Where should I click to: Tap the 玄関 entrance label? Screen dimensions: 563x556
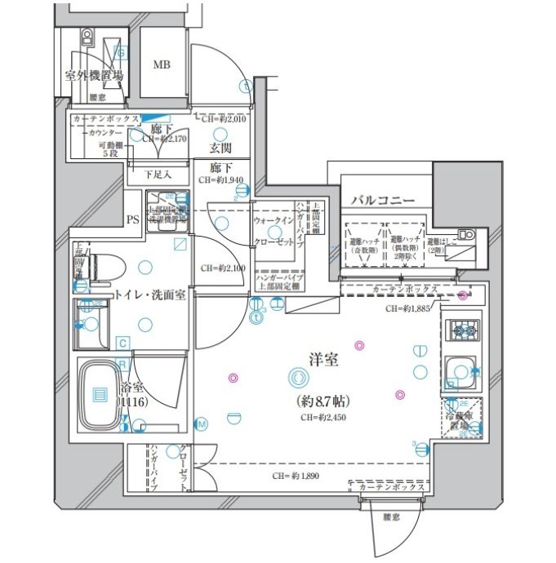[220, 148]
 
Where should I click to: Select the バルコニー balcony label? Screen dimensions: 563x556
[383, 200]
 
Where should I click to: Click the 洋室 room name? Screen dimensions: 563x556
[324, 359]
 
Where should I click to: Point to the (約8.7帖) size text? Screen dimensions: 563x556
[324, 401]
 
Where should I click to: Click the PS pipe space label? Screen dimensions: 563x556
[133, 218]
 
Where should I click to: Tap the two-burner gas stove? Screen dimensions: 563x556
[463, 330]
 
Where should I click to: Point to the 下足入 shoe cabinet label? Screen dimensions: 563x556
[158, 174]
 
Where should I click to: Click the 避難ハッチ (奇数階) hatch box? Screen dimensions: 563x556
[363, 242]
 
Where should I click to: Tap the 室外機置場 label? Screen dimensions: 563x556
[94, 75]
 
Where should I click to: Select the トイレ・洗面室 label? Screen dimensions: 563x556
[149, 295]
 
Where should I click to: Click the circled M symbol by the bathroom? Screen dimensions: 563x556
[201, 422]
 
